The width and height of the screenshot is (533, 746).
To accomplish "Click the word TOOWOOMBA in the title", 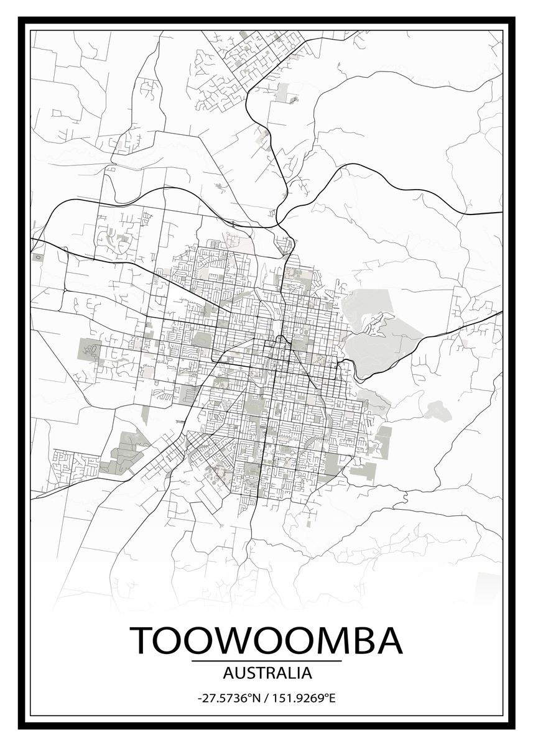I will pyautogui.click(x=266, y=640).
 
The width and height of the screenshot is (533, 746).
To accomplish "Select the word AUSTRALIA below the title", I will pyautogui.click(x=267, y=673).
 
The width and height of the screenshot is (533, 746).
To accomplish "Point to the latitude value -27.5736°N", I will pyautogui.click(x=228, y=698).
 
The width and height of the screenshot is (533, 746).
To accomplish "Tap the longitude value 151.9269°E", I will pyautogui.click(x=304, y=698).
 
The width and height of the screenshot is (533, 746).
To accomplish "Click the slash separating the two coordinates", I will pyautogui.click(x=266, y=698).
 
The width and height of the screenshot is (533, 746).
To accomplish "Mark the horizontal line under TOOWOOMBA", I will pyautogui.click(x=266, y=661).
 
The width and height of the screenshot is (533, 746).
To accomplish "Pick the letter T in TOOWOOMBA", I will pyautogui.click(x=142, y=640).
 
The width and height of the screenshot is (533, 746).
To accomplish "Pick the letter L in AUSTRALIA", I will pyautogui.click(x=289, y=673).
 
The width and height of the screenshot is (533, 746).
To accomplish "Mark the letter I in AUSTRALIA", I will pyautogui.click(x=297, y=673).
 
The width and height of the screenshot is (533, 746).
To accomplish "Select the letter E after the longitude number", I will pyautogui.click(x=332, y=698).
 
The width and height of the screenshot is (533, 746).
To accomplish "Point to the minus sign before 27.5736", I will pyautogui.click(x=199, y=699).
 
